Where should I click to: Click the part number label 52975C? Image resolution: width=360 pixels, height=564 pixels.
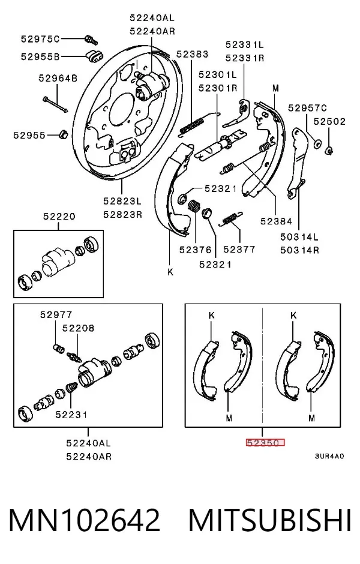[x=40, y=39]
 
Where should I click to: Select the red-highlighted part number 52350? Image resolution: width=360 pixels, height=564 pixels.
[x=265, y=443]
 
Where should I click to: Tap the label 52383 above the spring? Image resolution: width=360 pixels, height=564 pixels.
[x=193, y=54]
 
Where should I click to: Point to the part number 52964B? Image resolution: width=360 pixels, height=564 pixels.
[x=58, y=78]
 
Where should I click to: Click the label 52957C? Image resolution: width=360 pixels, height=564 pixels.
[x=307, y=108]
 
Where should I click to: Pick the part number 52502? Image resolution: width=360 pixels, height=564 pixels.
[x=329, y=122]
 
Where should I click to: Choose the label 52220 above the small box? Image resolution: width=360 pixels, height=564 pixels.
[x=59, y=217]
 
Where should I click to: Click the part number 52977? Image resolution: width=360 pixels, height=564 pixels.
[x=56, y=315]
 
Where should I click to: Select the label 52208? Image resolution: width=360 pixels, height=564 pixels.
[x=79, y=328]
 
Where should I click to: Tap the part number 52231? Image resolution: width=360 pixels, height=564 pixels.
[x=71, y=415]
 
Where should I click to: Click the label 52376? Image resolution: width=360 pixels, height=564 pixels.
[x=196, y=250]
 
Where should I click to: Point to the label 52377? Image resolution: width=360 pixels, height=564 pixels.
[x=239, y=250]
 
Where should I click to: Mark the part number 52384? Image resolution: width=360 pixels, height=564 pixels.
[x=276, y=221]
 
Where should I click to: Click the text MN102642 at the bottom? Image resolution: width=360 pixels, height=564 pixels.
[x=84, y=520]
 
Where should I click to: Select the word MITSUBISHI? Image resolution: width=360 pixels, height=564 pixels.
[x=270, y=520]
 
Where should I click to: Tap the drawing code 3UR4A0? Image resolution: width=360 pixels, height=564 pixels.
[x=329, y=456]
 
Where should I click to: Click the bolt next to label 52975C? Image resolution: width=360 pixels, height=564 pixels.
[x=91, y=39]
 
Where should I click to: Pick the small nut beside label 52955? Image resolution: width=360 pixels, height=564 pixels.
[x=63, y=134]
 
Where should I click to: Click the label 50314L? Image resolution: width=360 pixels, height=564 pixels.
[x=299, y=237]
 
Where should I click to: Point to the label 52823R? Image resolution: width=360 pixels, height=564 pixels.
[x=122, y=215]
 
